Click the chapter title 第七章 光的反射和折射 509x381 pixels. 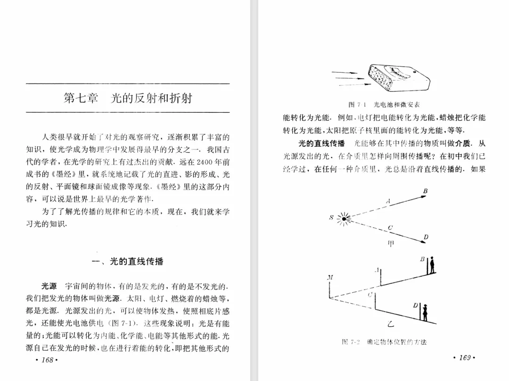point(128,99)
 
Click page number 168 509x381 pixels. point(46,360)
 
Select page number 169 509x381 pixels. point(464,358)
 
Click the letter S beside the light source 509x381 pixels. point(331,218)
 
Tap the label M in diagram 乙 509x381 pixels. point(330,278)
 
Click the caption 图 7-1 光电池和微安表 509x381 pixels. point(384,105)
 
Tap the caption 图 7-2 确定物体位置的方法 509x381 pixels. point(384,342)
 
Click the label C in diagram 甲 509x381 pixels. point(390,228)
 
